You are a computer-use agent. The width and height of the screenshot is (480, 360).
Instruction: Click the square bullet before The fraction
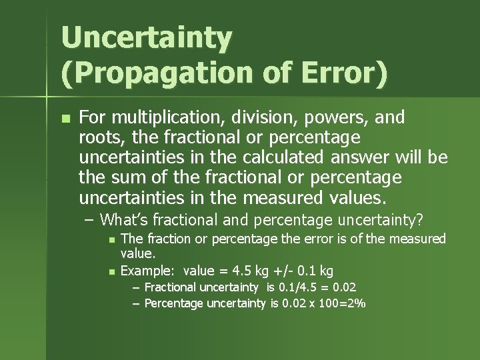[x=112, y=239]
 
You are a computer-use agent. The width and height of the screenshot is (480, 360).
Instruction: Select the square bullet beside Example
[x=112, y=271]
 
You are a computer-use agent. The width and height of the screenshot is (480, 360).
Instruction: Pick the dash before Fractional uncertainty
[x=136, y=288]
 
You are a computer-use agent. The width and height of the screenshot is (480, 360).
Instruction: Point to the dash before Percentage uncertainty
[x=136, y=303]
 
